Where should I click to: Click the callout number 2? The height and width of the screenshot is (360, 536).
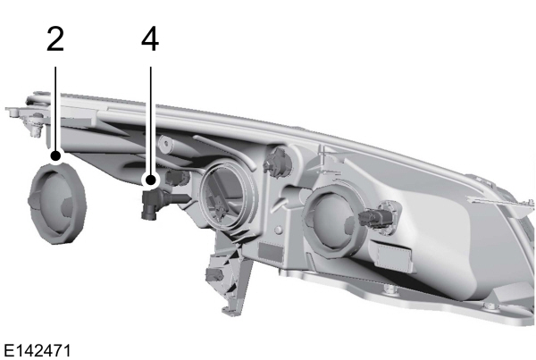[55, 39]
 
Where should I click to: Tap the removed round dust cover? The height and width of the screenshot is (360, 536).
[56, 202]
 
